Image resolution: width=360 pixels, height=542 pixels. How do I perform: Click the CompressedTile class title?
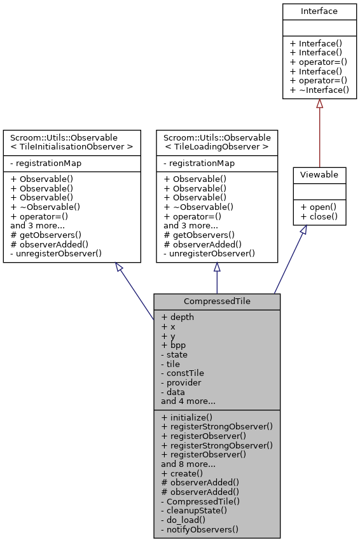pos(216,300)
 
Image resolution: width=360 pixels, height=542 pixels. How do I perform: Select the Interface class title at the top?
pos(319,11)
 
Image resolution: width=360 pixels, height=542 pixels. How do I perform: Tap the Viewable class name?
pos(319,174)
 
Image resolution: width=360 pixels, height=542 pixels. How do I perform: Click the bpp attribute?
pos(174,345)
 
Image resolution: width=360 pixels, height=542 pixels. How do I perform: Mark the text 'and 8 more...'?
pos(188,464)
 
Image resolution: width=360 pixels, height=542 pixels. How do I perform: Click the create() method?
pos(182,473)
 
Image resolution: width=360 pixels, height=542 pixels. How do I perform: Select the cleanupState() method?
pos(193,511)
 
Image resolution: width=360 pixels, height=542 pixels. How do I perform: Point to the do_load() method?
pos(184,520)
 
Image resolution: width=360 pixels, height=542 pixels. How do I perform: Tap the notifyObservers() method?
pos(199,530)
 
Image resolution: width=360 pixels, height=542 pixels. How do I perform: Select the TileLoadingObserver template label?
pos(216,147)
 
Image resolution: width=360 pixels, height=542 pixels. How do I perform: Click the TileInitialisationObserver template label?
pos(71,147)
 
